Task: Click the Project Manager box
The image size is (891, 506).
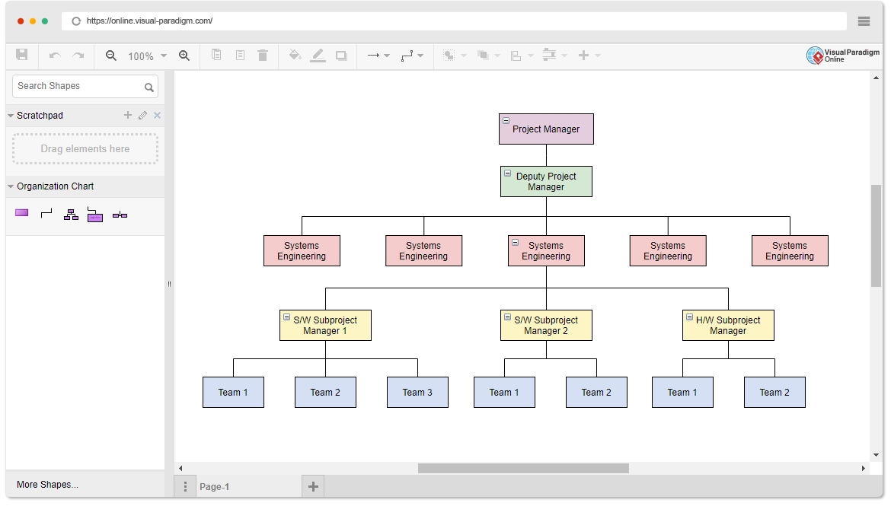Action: (x=546, y=129)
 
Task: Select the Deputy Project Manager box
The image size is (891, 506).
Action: (x=546, y=182)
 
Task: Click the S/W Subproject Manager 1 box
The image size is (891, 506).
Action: (x=325, y=326)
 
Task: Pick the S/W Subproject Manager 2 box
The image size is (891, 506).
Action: (x=546, y=326)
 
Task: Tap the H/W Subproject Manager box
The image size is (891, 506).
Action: (x=728, y=326)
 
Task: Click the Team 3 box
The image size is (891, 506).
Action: (x=417, y=393)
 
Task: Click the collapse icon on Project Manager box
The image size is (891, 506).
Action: (x=506, y=121)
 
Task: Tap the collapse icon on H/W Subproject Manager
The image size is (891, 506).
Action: (x=688, y=317)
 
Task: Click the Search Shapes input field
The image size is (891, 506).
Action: (x=76, y=86)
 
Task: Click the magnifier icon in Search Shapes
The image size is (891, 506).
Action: (x=149, y=88)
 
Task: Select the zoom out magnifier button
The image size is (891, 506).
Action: (x=111, y=56)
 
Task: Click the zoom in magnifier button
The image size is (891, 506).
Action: (x=184, y=56)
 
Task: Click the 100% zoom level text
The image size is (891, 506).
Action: (x=141, y=56)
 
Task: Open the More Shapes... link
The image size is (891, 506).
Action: (x=47, y=485)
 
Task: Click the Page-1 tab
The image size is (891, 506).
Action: (x=214, y=487)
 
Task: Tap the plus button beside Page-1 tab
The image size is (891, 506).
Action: (x=313, y=486)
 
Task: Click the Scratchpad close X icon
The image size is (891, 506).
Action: (x=158, y=116)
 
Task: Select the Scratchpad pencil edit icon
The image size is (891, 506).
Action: (x=142, y=116)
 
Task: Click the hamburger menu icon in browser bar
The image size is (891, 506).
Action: (x=864, y=21)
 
